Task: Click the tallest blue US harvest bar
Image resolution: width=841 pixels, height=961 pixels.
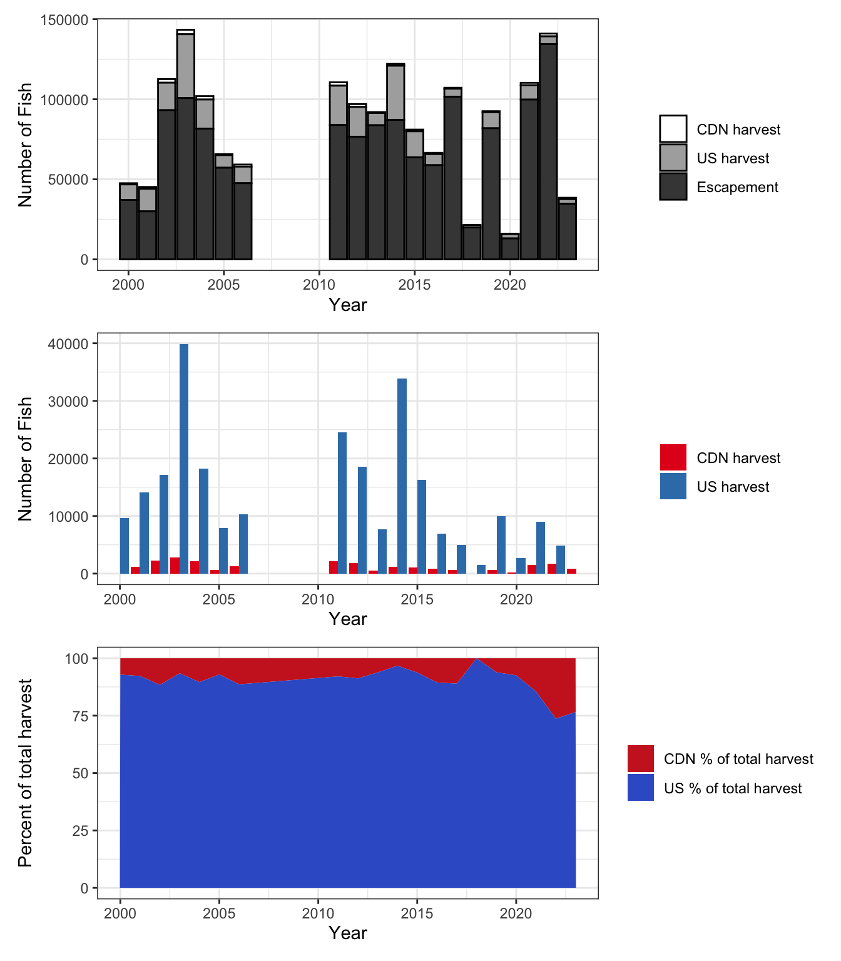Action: pyautogui.click(x=184, y=459)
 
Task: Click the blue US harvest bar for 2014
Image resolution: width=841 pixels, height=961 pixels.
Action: pyautogui.click(x=402, y=475)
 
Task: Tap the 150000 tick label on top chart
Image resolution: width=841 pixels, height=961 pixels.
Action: pyautogui.click(x=64, y=20)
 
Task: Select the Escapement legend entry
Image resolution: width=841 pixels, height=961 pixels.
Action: pyautogui.click(x=719, y=187)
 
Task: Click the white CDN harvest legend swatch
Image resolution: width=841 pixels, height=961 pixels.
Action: pyautogui.click(x=673, y=129)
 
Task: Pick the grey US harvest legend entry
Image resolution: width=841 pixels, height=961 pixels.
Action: pyautogui.click(x=714, y=158)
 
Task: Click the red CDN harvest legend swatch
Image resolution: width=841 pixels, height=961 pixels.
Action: pyautogui.click(x=673, y=457)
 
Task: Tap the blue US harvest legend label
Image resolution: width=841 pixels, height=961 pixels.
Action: pyautogui.click(x=733, y=487)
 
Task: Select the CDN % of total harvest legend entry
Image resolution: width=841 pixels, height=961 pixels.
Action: pyautogui.click(x=720, y=758)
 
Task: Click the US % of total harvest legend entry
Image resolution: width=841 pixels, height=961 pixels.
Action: pyautogui.click(x=714, y=788)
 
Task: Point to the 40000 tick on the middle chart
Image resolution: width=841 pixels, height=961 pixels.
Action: pyautogui.click(x=68, y=344)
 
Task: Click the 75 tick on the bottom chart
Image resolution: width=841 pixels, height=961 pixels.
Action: pyautogui.click(x=80, y=716)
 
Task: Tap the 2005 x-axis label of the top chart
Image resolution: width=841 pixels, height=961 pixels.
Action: pyautogui.click(x=223, y=285)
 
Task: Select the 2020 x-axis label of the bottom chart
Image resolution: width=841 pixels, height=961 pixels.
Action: pyautogui.click(x=516, y=913)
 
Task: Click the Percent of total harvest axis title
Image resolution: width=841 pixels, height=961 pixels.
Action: pyautogui.click(x=25, y=773)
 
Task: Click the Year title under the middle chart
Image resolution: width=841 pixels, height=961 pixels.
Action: pyautogui.click(x=348, y=619)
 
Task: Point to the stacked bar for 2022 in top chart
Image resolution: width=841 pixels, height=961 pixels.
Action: pyautogui.click(x=548, y=146)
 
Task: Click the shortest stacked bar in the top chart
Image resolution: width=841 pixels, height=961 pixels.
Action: pyautogui.click(x=510, y=246)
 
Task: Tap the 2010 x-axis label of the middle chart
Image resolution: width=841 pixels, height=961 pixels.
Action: pyautogui.click(x=318, y=599)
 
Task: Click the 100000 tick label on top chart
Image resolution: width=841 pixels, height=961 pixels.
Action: pyautogui.click(x=64, y=100)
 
